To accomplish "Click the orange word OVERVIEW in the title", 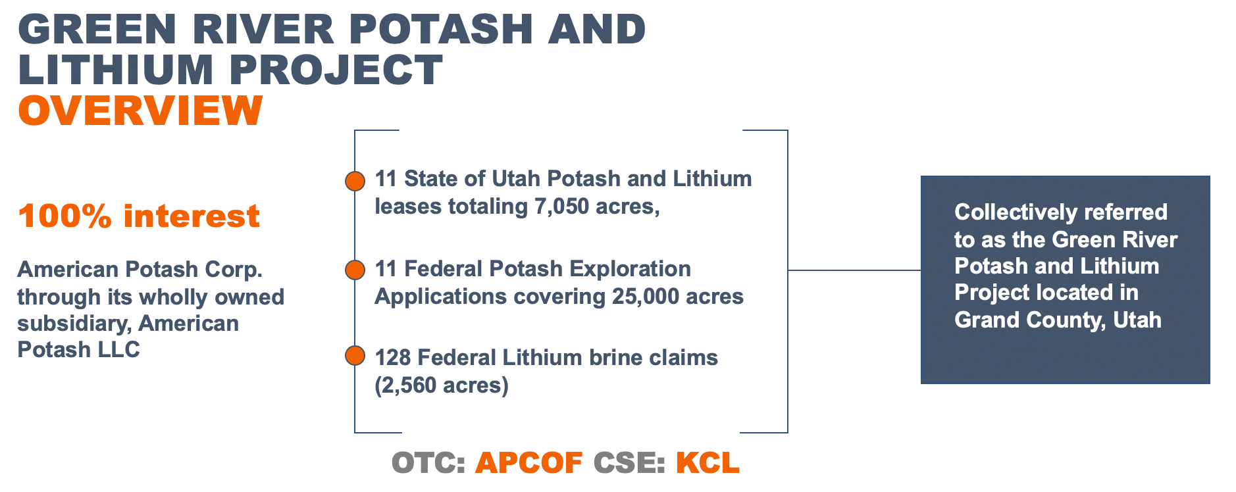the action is pos(140,110).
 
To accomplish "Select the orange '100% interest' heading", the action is pos(139,216).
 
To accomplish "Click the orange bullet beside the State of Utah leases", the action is pos(355,181).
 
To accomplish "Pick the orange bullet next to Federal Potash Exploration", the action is pos(355,270).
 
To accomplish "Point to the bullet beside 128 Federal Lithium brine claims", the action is pos(355,356).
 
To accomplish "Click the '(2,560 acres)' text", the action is pos(442,385).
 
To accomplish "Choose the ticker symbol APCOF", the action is pos(528,463).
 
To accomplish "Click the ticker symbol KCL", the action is pos(708,463).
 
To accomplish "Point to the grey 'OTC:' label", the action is pos(428,463).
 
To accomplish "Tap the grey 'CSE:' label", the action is pos(629,463).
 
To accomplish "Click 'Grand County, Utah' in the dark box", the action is pos(1058,320).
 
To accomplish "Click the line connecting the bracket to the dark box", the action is pos(854,270).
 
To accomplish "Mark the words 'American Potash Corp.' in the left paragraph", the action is pos(140,270).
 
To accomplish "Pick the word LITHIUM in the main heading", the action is pos(116,70).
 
